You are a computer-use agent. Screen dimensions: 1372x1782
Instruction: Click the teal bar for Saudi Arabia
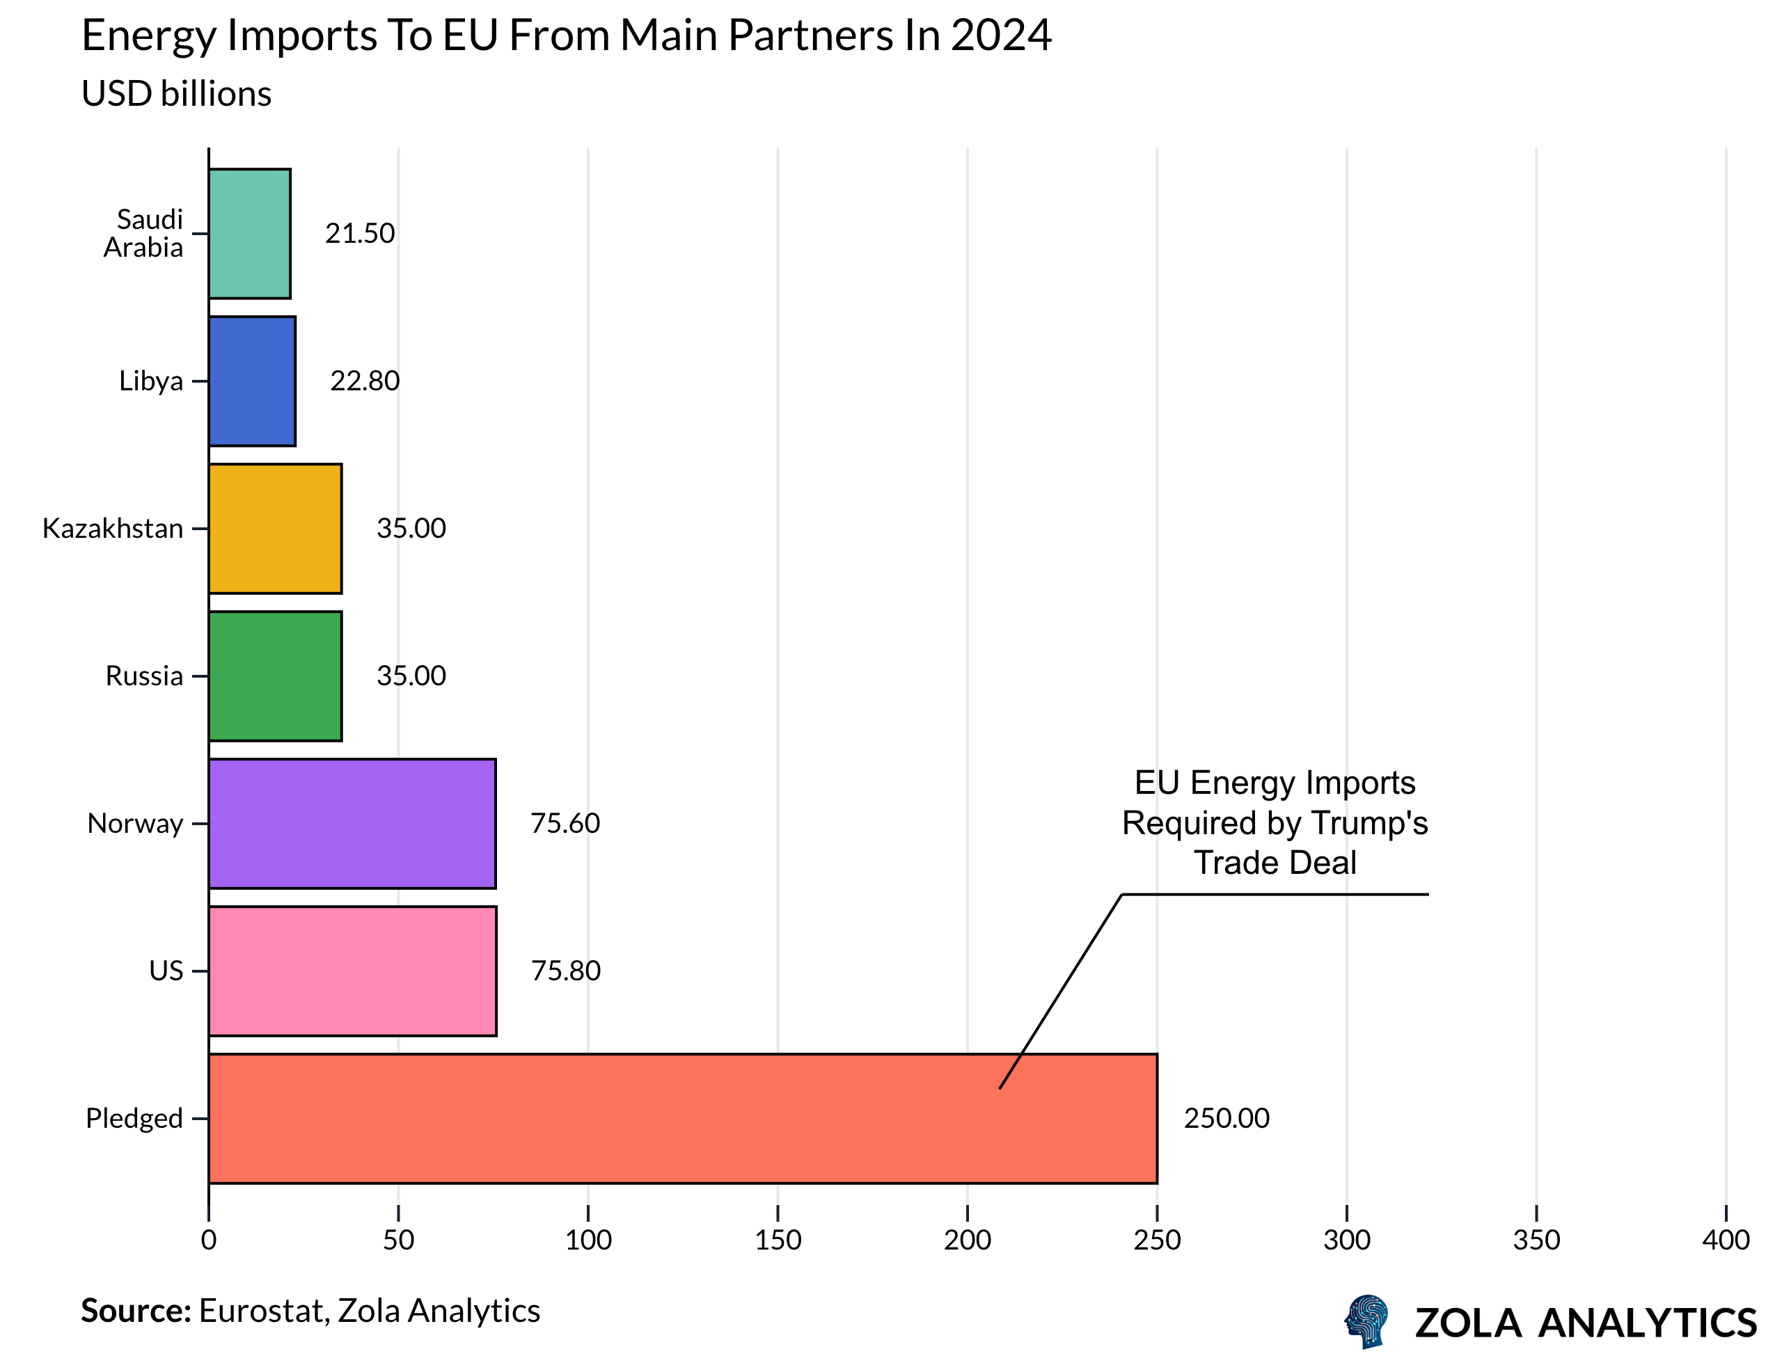pos(250,234)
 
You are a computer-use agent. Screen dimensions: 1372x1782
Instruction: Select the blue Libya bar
pos(252,381)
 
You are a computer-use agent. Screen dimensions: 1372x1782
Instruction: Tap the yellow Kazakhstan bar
pos(275,529)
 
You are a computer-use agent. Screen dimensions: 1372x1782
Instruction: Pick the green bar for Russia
pos(275,676)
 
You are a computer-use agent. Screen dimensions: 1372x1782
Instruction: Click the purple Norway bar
pos(352,824)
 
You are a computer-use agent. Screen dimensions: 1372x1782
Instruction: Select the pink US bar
pos(352,971)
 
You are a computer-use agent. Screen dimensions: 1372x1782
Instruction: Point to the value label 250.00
pos(1227,1118)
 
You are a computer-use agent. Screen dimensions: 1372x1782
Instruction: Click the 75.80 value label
pos(565,971)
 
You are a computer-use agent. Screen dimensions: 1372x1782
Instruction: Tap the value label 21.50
pos(360,234)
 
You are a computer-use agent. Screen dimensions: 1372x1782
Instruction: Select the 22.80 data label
pos(365,381)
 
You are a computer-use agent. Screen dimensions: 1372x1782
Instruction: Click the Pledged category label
pos(134,1118)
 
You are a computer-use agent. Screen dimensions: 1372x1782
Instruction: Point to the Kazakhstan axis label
pos(113,529)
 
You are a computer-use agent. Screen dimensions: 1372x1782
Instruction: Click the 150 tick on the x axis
pos(778,1241)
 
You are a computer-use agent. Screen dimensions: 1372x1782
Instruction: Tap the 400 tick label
pos(1725,1241)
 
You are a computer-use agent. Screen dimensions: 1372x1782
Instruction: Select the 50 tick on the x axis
pos(398,1241)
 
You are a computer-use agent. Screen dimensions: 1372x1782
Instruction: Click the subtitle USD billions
pos(176,94)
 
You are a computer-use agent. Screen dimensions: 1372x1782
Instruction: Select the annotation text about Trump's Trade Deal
pos(1275,822)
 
